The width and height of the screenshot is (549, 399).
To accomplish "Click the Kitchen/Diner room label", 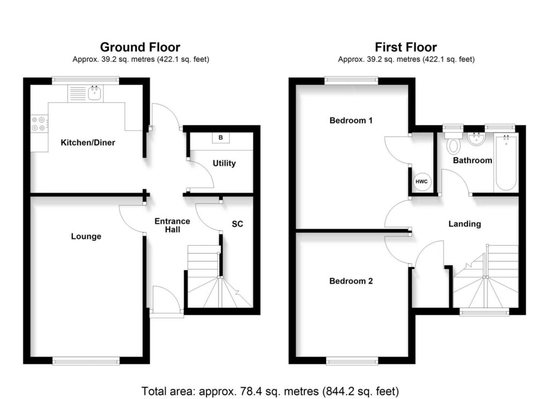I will [88, 142].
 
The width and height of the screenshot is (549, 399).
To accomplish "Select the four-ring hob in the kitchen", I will [39, 124].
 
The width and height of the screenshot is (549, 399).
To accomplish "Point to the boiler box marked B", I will [220, 138].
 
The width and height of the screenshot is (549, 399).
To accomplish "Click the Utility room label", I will [224, 163].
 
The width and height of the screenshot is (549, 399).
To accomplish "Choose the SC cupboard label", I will [237, 224].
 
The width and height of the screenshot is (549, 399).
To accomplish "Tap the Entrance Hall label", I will [172, 225].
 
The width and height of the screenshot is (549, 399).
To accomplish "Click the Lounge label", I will [86, 236].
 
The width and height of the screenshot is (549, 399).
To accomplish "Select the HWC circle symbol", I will [421, 182].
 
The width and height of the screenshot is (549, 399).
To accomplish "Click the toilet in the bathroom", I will [454, 144].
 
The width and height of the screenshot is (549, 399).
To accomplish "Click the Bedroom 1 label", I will [351, 121].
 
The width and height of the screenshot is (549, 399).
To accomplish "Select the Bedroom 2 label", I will [351, 281].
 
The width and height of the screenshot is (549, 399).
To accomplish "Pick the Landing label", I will [464, 224].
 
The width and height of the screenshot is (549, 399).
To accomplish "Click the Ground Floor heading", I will [140, 48].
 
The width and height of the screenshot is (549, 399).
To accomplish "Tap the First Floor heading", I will [405, 48].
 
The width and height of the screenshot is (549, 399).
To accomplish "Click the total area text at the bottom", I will [270, 390].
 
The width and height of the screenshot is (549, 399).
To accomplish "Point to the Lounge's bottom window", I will [86, 362].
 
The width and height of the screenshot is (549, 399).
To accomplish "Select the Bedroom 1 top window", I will [351, 80].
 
